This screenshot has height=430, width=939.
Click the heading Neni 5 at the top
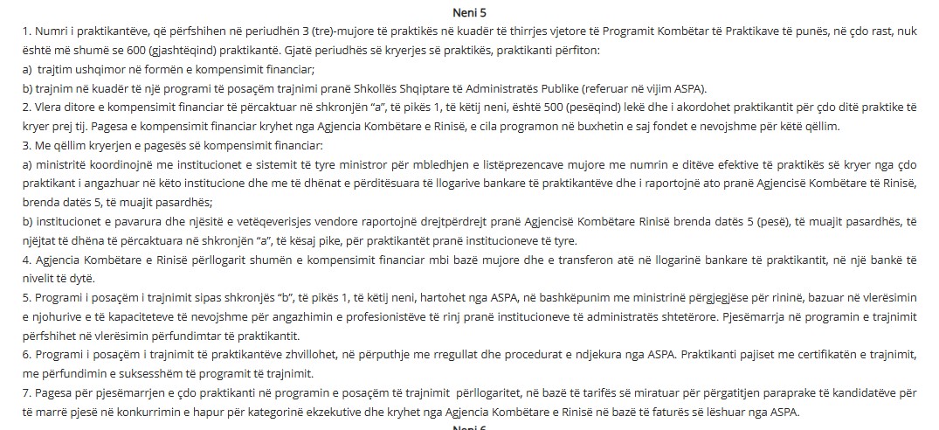470,13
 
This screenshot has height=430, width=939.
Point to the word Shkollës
355,88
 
